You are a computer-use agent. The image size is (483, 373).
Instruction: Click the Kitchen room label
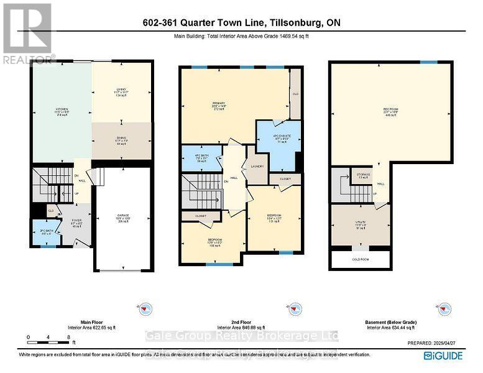coord(62,112)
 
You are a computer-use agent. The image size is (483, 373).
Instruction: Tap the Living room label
coord(121,93)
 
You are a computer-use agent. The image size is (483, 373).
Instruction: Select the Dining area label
coord(121,140)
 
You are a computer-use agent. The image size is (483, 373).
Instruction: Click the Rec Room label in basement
coord(390,112)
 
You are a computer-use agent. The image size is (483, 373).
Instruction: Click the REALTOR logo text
coord(29,60)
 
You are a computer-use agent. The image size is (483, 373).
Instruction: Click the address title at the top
coord(241,23)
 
